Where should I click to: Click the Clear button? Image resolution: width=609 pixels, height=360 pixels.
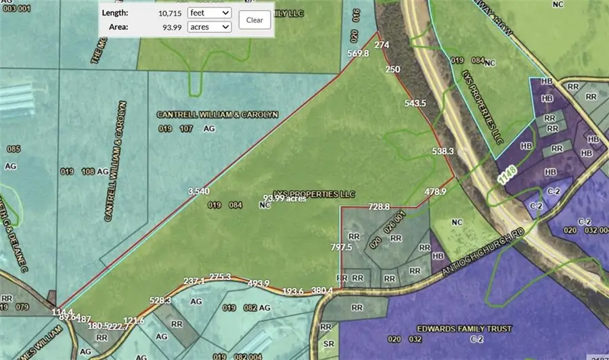(254, 20)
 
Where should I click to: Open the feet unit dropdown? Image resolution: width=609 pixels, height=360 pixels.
(210, 13)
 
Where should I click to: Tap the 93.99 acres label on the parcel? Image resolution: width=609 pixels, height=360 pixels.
(284, 198)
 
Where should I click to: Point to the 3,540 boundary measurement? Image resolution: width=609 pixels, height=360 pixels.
(198, 192)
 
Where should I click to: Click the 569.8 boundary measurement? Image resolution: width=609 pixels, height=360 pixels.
(357, 54)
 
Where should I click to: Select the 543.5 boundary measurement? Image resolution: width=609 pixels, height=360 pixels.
(415, 104)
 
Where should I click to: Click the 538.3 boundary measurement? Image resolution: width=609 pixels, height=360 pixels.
(442, 152)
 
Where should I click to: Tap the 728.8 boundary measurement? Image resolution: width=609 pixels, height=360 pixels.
(380, 206)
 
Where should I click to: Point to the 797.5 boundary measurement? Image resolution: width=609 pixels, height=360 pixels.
(342, 248)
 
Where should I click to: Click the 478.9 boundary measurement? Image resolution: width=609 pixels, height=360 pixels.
(436, 192)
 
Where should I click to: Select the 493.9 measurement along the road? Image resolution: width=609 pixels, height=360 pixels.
(258, 283)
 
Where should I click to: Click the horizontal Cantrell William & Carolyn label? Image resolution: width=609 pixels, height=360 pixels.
(217, 114)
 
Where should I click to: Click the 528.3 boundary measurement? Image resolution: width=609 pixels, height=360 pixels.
(160, 300)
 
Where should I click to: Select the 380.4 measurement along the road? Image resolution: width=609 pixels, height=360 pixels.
(322, 290)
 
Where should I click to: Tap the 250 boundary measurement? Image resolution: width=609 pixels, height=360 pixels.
(392, 69)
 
